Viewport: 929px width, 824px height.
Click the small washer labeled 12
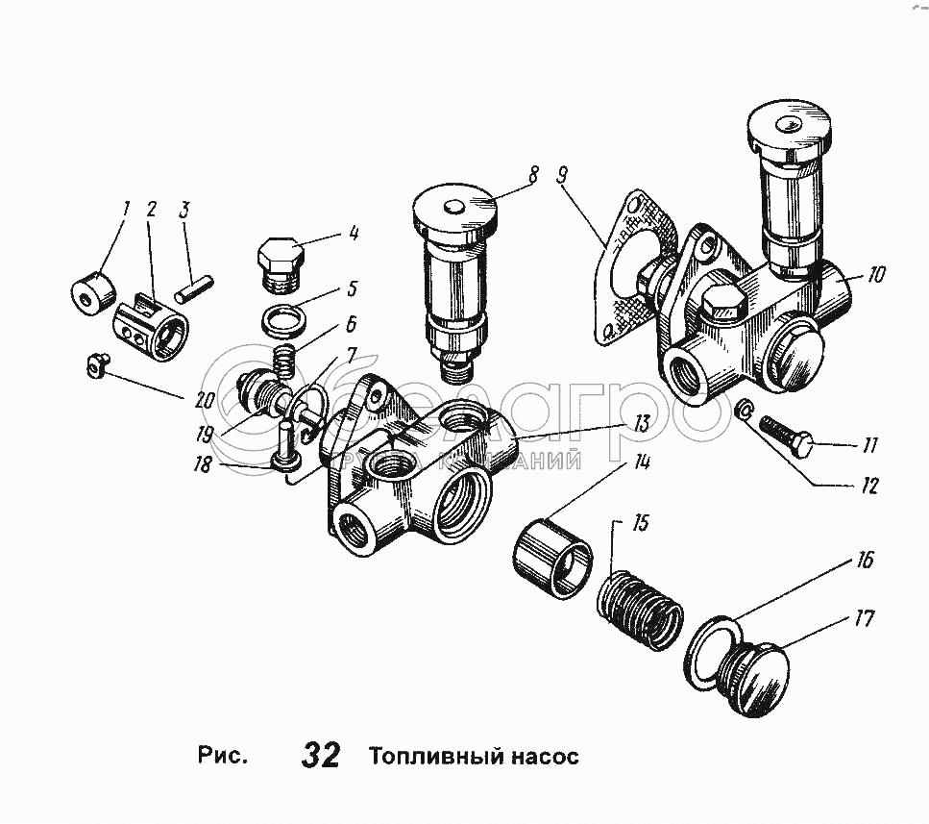[742, 411]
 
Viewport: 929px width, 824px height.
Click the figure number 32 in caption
[321, 755]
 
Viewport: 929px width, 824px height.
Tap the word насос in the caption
[544, 757]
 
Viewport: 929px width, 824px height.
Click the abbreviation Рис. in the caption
[223, 755]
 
